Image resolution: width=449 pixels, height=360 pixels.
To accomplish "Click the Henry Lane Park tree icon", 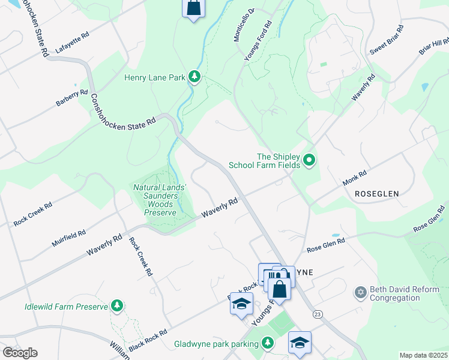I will click(x=194, y=77).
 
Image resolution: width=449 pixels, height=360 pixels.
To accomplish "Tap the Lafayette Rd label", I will click(x=71, y=44).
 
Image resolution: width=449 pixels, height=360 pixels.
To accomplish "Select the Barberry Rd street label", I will click(x=72, y=98).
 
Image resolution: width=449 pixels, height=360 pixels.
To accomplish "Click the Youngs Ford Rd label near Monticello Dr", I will click(x=258, y=41).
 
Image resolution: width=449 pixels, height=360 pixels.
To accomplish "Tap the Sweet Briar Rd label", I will click(x=385, y=41).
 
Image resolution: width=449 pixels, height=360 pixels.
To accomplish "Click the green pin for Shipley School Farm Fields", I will click(x=309, y=160).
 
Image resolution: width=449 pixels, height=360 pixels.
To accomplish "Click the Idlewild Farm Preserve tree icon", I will click(x=118, y=307).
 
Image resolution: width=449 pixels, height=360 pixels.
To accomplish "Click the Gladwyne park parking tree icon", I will click(x=268, y=343).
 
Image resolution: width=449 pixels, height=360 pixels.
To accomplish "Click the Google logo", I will click(x=20, y=353).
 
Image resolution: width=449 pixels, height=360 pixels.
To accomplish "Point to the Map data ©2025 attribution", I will click(x=423, y=355).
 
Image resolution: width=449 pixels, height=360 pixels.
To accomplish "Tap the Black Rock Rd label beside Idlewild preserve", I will click(x=147, y=340).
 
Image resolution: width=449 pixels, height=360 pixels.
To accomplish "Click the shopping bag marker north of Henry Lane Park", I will click(x=193, y=8).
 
